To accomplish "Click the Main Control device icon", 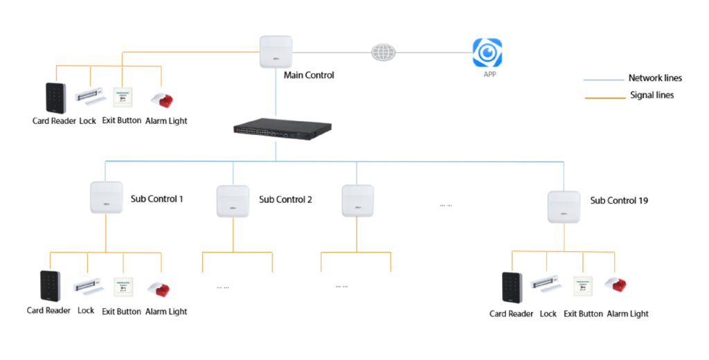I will tap(276, 52).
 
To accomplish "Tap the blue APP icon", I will tap(487, 53).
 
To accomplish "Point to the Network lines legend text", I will tap(655, 78).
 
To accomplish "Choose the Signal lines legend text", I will tap(652, 96).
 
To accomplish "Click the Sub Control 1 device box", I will tap(106, 197).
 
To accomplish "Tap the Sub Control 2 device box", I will tap(233, 201).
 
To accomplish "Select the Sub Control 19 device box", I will tap(564, 206).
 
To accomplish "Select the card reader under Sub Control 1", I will tap(50, 287).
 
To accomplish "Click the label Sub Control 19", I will tap(619, 201).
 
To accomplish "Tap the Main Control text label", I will tap(309, 75).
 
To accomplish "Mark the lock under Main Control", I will tap(89, 96).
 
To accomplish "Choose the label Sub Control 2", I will tap(285, 199).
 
